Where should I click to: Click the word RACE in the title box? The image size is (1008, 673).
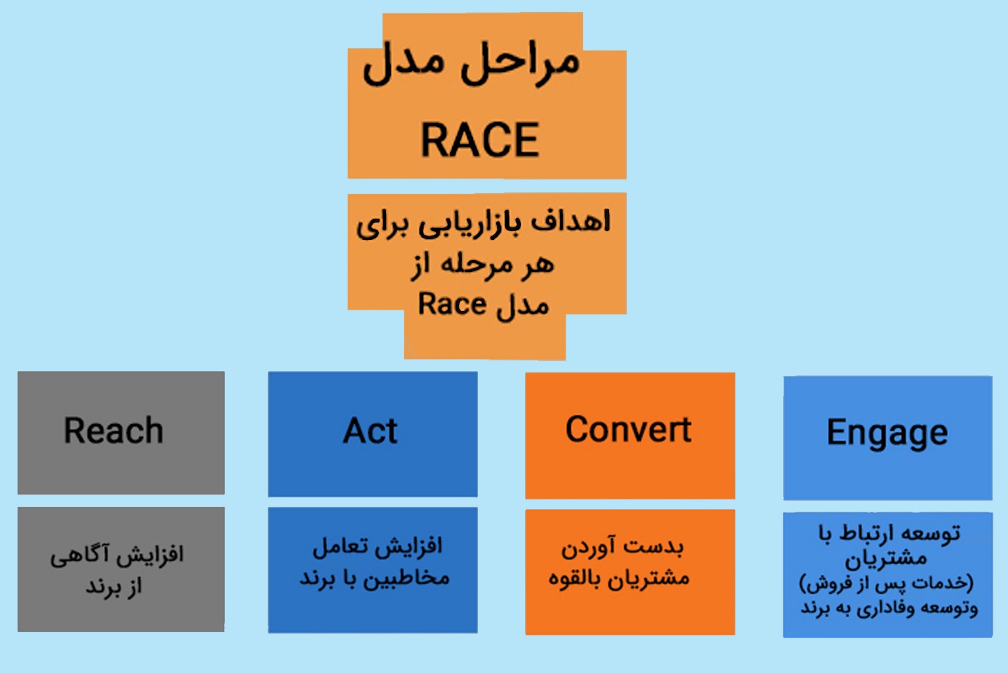pyautogui.click(x=480, y=139)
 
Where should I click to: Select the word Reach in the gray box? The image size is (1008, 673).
pyautogui.click(x=114, y=430)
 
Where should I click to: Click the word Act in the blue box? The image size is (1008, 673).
pyautogui.click(x=370, y=430)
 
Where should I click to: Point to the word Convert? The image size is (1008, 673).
pyautogui.click(x=628, y=429)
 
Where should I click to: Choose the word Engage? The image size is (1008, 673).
pyautogui.click(x=887, y=433)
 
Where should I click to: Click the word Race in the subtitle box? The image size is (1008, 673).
pyautogui.click(x=451, y=304)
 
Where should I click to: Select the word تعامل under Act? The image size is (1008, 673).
pyautogui.click(x=340, y=546)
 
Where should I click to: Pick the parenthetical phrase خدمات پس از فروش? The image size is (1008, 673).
pyautogui.click(x=886, y=583)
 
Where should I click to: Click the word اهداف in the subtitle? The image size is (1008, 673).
pyautogui.click(x=571, y=221)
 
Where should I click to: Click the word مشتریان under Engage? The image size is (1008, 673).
pyautogui.click(x=885, y=559)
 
